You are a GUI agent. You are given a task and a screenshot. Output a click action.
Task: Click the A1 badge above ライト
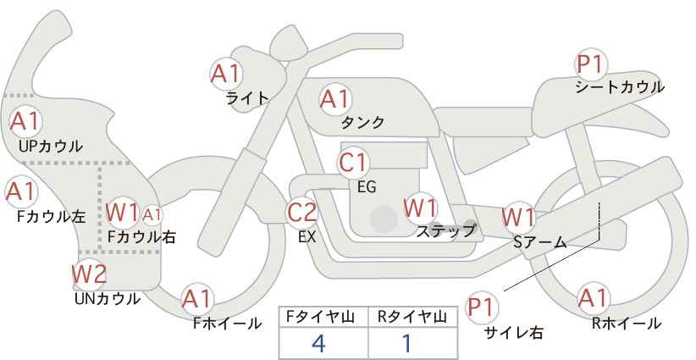(225, 74)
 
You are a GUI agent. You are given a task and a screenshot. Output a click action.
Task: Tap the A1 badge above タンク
(334, 99)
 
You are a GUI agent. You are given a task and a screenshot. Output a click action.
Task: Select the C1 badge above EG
(354, 162)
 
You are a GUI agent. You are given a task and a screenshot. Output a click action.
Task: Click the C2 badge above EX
(302, 213)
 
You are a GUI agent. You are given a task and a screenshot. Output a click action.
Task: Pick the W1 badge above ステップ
(421, 208)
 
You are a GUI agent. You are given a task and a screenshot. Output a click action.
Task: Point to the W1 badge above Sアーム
(518, 216)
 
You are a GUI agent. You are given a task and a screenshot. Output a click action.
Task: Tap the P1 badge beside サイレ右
(483, 306)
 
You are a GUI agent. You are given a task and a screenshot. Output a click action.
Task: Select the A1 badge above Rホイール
(593, 298)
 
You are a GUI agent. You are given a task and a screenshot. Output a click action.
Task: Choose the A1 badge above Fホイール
(197, 298)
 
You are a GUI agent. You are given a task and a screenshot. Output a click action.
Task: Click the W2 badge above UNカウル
(89, 274)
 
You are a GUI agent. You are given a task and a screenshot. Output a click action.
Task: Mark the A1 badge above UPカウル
(25, 121)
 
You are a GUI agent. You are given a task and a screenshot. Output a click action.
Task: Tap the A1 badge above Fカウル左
(19, 191)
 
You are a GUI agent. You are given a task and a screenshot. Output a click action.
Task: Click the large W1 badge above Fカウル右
(124, 211)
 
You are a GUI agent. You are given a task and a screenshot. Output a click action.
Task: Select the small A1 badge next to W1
(152, 214)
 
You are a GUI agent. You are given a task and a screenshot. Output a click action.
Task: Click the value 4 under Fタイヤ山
(318, 343)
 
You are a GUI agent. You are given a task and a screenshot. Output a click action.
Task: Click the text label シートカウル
(620, 86)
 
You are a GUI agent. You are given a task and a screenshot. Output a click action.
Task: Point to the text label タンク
(363, 123)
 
